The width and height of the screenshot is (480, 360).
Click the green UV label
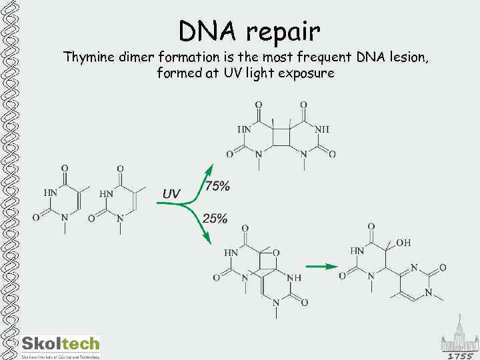click(x=171, y=193)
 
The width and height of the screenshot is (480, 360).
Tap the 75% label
click(x=217, y=187)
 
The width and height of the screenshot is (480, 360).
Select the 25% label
click(x=215, y=218)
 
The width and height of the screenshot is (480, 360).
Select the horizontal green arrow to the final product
click(x=327, y=267)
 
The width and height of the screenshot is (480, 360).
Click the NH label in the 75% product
click(x=321, y=129)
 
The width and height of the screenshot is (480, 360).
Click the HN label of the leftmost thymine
click(x=51, y=193)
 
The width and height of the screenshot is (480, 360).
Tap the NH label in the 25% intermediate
click(x=293, y=277)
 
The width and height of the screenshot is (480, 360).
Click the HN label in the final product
click(x=358, y=251)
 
